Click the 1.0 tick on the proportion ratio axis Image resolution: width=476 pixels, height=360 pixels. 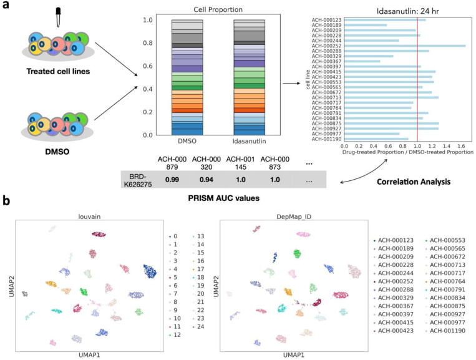(417, 145)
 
